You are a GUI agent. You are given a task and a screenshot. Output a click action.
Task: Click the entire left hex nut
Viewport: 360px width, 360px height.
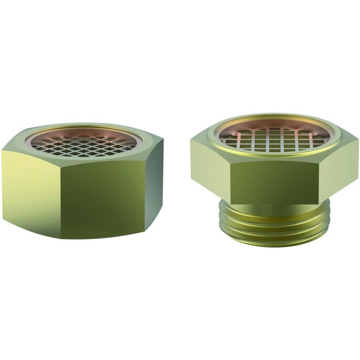coord(82,180)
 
